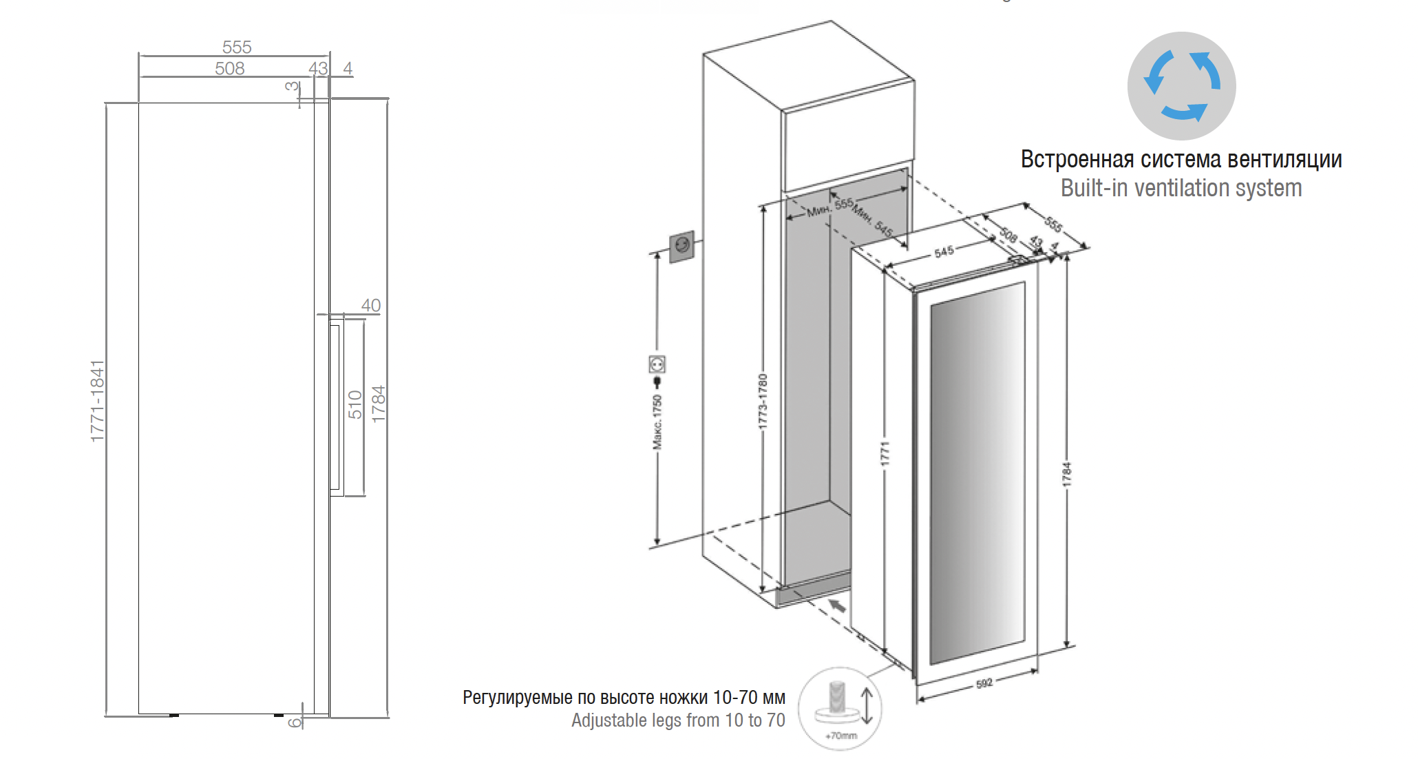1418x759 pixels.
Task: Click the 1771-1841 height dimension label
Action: click(98, 401)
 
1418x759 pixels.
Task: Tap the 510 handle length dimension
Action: click(355, 405)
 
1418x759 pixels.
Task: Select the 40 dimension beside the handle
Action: click(370, 305)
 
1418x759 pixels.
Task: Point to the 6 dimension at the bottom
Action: click(295, 722)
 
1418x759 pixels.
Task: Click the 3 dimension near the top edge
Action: click(292, 86)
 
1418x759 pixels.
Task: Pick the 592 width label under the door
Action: click(984, 683)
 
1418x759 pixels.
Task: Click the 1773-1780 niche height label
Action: click(763, 402)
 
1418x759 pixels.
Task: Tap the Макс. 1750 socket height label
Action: click(657, 422)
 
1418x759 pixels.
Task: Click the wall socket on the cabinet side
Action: click(681, 246)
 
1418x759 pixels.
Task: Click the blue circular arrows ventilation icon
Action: click(1181, 86)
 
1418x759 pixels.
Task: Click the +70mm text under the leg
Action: click(841, 736)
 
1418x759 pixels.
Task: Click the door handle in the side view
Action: click(336, 406)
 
